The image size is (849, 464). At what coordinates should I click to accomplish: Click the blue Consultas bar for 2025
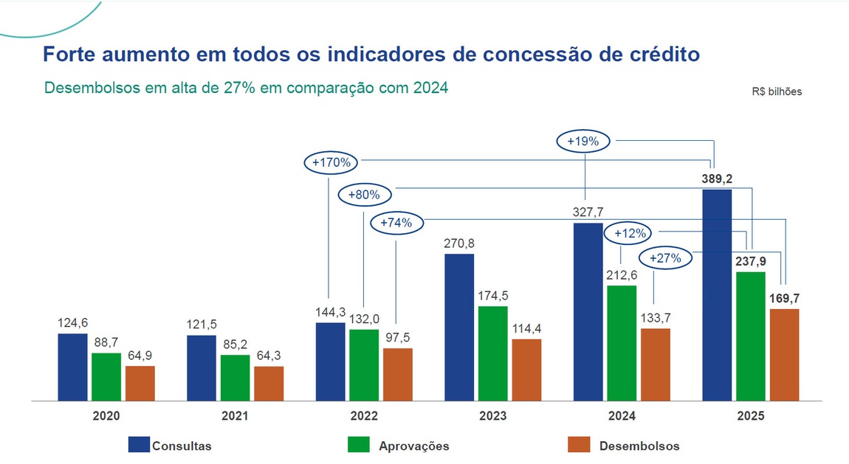(717, 295)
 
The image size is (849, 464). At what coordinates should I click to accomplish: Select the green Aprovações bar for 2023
(492, 353)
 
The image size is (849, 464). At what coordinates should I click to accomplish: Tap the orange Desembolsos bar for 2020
(140, 383)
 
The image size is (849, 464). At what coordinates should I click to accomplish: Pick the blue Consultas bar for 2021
(202, 368)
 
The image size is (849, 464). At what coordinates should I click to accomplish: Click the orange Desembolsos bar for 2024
(656, 364)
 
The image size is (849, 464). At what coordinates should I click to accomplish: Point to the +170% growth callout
(331, 162)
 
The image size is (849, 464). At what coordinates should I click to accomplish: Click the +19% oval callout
(583, 140)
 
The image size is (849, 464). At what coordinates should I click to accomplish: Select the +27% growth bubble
(670, 258)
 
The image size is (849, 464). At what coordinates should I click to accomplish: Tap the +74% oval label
(397, 221)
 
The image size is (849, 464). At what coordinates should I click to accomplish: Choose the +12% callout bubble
(630, 233)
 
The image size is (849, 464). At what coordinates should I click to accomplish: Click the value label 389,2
(717, 179)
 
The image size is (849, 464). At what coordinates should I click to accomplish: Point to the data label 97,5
(398, 337)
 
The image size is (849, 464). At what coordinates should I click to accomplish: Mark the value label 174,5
(492, 295)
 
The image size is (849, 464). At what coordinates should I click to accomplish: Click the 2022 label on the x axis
(363, 416)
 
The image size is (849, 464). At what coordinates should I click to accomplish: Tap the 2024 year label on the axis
(622, 416)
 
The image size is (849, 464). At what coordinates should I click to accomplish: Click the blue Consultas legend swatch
(139, 445)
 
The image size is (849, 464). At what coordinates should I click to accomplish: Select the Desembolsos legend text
(639, 446)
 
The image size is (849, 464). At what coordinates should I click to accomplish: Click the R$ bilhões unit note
(777, 92)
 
